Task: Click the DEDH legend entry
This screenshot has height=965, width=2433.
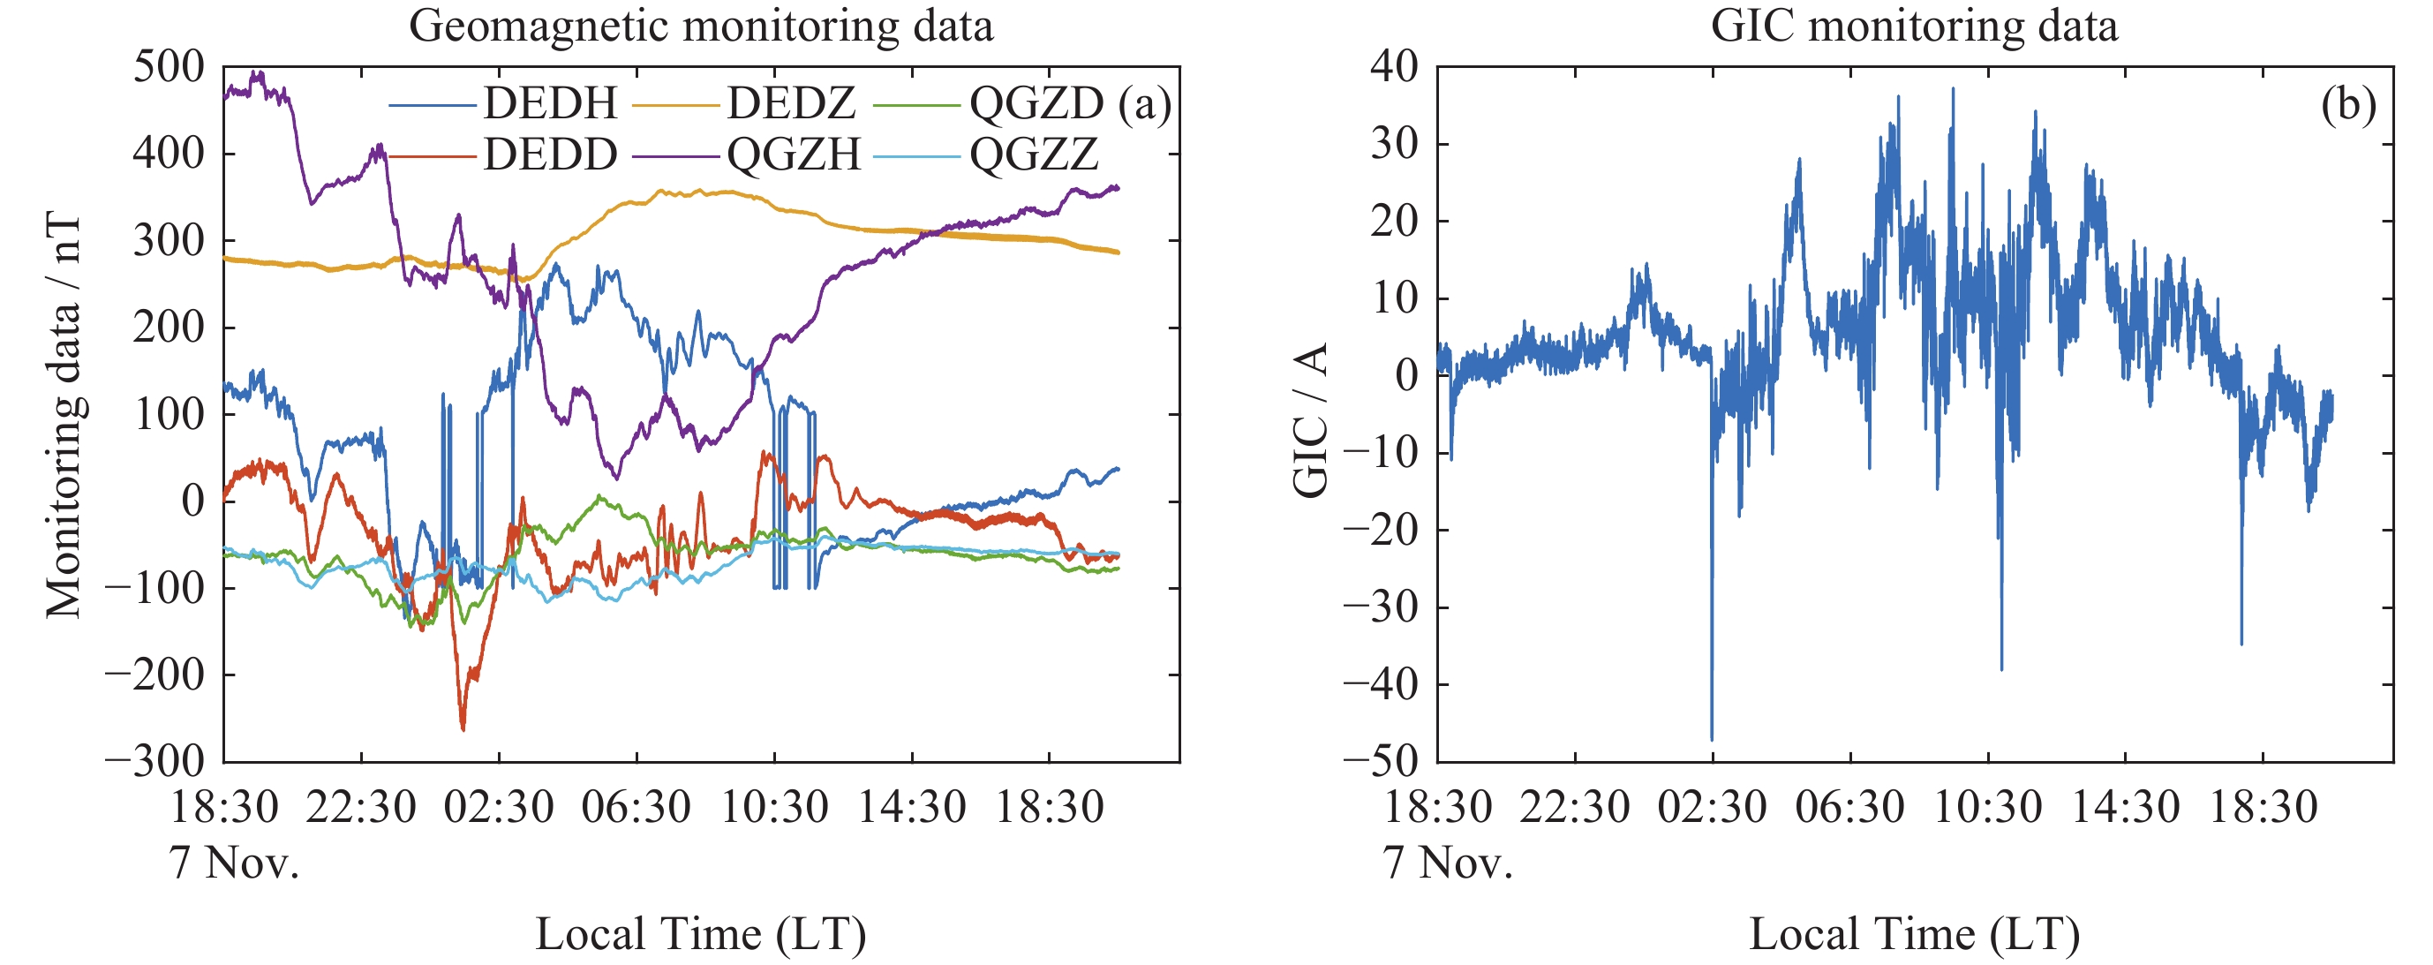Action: coord(550,103)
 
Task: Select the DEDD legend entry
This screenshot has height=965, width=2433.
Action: coord(550,154)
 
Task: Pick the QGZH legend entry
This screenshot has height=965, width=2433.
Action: coord(794,154)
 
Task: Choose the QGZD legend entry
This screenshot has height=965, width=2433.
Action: coord(1036,103)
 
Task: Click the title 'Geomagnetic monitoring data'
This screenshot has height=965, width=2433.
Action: coord(701,26)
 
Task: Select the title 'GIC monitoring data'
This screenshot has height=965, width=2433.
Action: coord(1915,26)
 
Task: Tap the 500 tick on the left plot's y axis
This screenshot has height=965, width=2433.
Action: coord(168,67)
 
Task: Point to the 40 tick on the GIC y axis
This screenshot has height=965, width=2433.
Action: coord(1394,67)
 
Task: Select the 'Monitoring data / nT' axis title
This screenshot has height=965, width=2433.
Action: coord(64,416)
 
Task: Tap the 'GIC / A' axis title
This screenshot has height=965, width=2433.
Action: coord(1311,420)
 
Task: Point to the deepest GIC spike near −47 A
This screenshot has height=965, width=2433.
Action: coord(1712,738)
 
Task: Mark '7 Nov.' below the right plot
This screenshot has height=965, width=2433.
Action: coord(1448,862)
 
